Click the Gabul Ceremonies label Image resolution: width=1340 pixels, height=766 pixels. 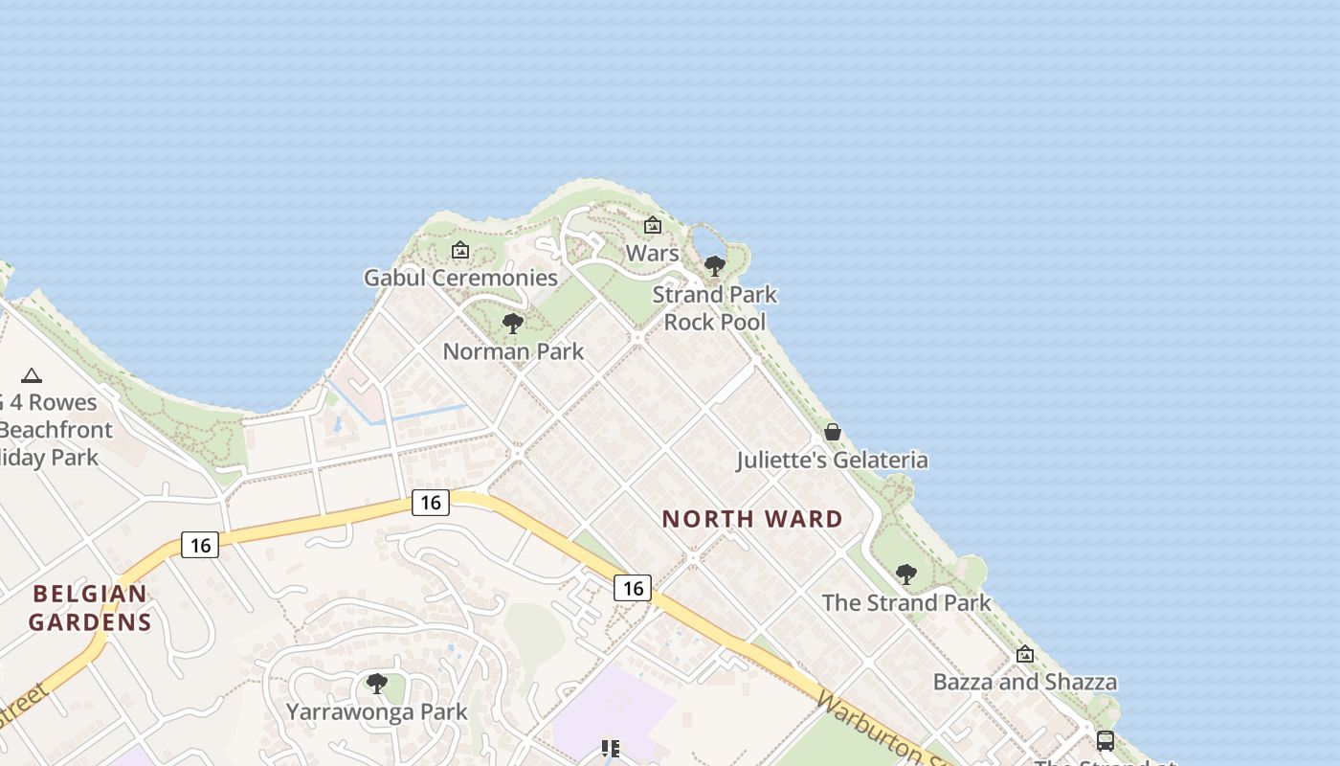click(x=460, y=278)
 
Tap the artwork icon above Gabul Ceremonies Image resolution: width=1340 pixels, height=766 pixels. click(x=460, y=250)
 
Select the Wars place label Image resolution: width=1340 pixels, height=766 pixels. click(x=652, y=254)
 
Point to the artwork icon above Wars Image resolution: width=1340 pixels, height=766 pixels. click(x=653, y=226)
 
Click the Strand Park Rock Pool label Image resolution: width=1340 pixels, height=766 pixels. click(x=715, y=308)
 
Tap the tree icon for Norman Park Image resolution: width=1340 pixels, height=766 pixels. click(x=513, y=324)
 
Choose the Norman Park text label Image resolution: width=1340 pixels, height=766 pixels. click(x=513, y=351)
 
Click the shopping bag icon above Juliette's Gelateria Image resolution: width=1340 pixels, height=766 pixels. click(x=833, y=432)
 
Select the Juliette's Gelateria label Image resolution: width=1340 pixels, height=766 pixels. click(x=832, y=461)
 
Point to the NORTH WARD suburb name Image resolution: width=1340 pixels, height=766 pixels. click(x=752, y=519)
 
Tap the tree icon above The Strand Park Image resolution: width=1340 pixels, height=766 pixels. click(x=905, y=574)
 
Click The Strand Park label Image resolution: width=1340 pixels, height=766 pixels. click(x=906, y=602)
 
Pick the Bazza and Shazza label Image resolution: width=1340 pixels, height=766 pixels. click(x=1025, y=682)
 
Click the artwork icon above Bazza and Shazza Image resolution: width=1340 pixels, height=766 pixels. click(x=1025, y=655)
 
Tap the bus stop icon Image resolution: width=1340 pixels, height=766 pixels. click(x=1105, y=740)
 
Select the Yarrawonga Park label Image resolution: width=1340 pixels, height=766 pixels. click(x=377, y=711)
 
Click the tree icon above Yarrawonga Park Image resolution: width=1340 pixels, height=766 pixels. click(x=377, y=684)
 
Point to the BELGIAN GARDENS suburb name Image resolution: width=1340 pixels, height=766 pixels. click(x=90, y=608)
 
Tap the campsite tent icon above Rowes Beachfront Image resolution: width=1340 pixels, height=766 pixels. click(x=32, y=375)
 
